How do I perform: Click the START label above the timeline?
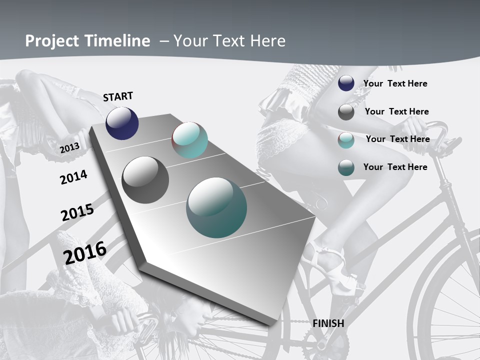click(x=118, y=96)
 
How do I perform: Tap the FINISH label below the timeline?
click(x=328, y=323)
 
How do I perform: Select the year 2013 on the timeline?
click(x=70, y=147)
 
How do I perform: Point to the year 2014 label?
click(x=73, y=177)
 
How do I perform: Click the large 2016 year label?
click(x=85, y=252)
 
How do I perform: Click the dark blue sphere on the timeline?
click(x=122, y=123)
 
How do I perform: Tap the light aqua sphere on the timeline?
click(x=189, y=140)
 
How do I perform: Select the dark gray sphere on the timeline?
click(x=145, y=180)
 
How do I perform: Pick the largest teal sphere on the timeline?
click(x=216, y=207)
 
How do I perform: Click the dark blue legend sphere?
click(x=346, y=83)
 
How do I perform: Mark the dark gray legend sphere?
click(x=346, y=112)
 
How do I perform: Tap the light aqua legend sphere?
click(x=346, y=140)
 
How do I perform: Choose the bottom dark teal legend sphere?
click(x=346, y=167)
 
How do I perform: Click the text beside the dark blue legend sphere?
click(x=395, y=83)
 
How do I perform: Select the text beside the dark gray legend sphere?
click(x=396, y=111)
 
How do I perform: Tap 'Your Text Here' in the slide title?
click(x=229, y=41)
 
